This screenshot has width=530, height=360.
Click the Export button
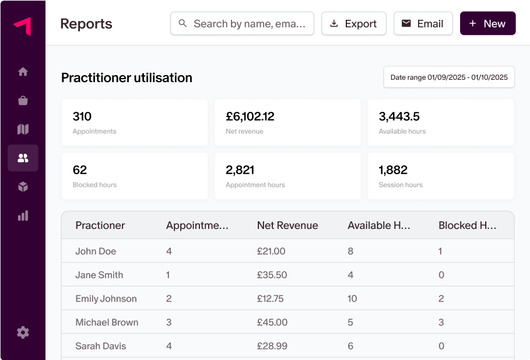353,24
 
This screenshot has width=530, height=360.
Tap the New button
487,24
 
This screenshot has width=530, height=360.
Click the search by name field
242,24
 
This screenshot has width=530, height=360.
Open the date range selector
448,77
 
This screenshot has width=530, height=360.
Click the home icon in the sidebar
23,72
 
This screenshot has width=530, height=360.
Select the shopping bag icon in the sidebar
23,100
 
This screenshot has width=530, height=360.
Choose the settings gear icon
23,333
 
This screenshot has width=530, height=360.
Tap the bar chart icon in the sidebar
23,216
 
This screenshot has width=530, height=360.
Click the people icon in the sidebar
23,158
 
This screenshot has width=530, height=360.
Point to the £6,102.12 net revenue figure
250,117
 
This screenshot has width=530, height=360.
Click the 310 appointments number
82,117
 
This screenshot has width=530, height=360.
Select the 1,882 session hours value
393,170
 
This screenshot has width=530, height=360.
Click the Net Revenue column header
287,225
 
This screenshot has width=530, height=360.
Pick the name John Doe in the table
96,252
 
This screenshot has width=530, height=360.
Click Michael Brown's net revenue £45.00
272,322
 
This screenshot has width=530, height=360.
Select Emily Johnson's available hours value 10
352,299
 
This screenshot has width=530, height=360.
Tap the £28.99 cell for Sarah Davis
272,346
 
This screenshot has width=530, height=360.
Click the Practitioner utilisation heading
127,77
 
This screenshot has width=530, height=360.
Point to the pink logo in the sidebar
23,26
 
